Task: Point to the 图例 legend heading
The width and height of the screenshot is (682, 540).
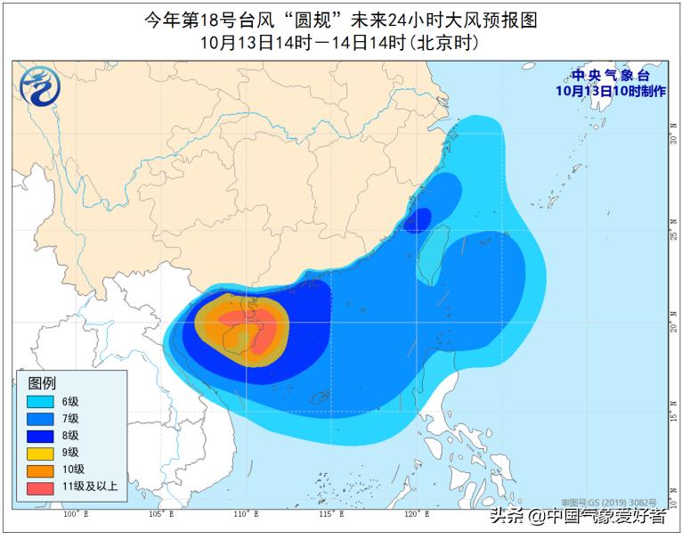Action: [x=42, y=383]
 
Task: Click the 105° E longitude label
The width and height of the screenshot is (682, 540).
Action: [x=160, y=514]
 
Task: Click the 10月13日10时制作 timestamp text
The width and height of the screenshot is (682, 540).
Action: [x=610, y=90]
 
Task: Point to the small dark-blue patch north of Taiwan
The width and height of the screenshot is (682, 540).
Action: [x=418, y=219]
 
